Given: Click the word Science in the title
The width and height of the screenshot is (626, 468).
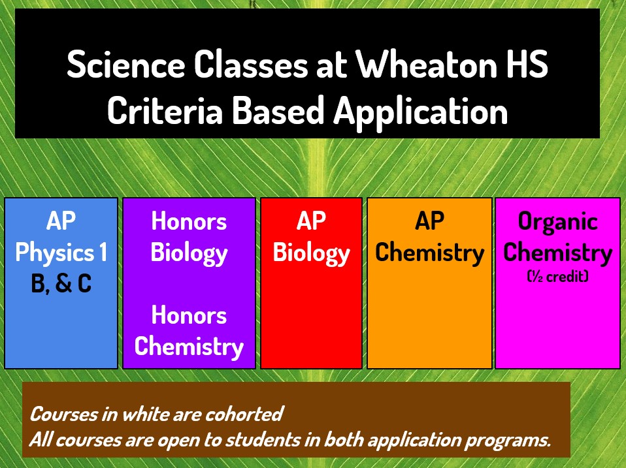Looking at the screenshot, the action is [126, 64].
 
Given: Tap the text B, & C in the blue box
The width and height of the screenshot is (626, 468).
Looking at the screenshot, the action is [61, 283].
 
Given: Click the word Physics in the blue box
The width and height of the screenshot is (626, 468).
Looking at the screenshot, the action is [55, 253].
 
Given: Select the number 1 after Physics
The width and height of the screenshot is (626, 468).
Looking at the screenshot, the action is [103, 252].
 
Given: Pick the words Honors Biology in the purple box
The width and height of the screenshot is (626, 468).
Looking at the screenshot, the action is [189, 238].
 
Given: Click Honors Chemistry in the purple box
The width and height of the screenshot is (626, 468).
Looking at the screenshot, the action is [189, 332].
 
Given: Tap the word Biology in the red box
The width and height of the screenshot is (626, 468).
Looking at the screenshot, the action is [312, 253].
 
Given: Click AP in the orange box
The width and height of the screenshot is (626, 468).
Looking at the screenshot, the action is [429, 221].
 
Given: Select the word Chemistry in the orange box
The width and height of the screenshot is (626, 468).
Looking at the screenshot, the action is [429, 253].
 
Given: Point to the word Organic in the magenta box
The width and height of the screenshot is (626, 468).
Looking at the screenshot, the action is [558, 222].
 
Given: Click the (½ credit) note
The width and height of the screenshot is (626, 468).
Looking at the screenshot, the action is [558, 276].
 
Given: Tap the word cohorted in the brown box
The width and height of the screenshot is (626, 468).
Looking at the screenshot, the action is [244, 414].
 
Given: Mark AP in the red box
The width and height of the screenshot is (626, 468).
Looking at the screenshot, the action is [312, 221].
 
